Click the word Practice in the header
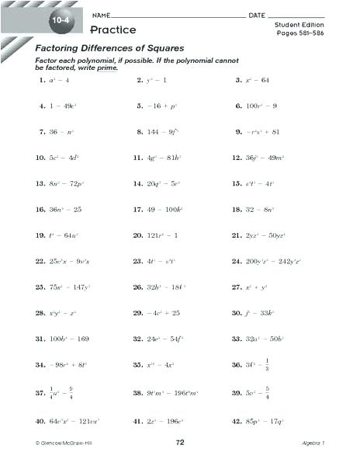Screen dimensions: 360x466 (112, 30)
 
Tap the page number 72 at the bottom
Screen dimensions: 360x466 (179, 442)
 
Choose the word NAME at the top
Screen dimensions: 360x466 (100, 16)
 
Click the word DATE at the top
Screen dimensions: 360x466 (257, 16)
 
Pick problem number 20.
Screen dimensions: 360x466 (137, 235)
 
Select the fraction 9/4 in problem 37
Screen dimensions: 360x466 (71, 394)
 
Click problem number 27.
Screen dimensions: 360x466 (237, 287)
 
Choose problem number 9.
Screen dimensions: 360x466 (238, 132)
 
